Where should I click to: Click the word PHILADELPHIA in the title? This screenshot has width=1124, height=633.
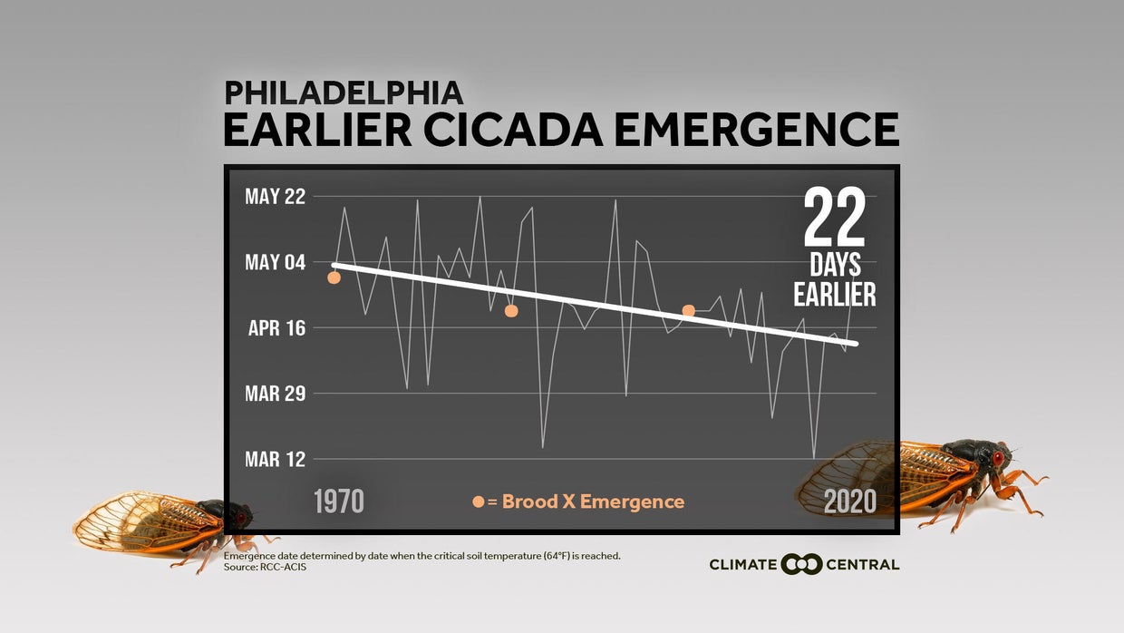click(x=344, y=93)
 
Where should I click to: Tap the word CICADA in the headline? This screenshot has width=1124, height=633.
click(x=513, y=129)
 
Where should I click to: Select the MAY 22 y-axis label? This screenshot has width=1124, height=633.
click(x=275, y=196)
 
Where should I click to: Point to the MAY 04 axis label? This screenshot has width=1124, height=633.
click(x=275, y=262)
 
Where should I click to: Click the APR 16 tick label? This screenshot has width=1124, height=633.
click(x=276, y=327)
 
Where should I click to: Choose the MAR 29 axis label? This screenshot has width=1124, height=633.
click(x=275, y=394)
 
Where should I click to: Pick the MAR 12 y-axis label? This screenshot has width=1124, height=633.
click(x=275, y=459)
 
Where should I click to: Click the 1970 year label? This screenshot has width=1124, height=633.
click(x=339, y=502)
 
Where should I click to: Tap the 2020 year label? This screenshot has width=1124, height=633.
click(x=850, y=502)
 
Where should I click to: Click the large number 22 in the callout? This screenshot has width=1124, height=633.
click(x=835, y=217)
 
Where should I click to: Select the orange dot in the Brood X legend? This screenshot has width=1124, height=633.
click(x=479, y=502)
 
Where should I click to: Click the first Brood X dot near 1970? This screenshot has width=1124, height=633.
click(x=334, y=278)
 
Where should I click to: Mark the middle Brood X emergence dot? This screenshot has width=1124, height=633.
click(x=511, y=311)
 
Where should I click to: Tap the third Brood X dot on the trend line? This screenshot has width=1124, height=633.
click(x=689, y=311)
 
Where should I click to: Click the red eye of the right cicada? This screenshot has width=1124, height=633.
click(x=997, y=458)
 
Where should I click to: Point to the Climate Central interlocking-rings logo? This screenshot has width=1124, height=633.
click(x=801, y=564)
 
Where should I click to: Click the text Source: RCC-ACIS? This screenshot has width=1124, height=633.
click(x=265, y=567)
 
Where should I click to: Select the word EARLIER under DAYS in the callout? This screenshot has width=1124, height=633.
click(x=835, y=294)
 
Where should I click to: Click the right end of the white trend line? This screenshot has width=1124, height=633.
click(x=856, y=344)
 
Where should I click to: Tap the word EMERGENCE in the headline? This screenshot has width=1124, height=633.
click(x=757, y=129)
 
